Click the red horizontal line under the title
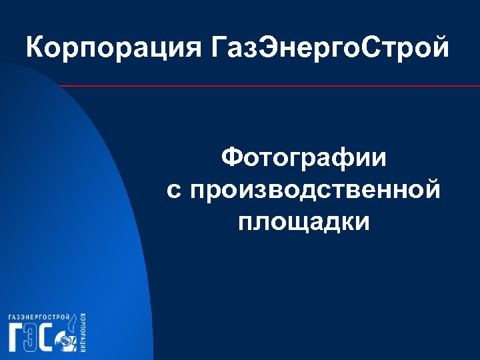click(x=267, y=86)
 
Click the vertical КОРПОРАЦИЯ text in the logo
click(x=82, y=332)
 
